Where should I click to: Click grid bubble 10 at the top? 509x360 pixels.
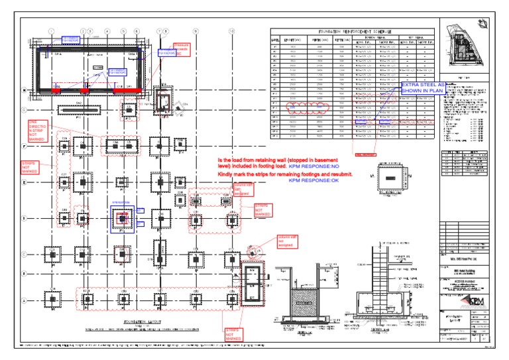coord(231,31)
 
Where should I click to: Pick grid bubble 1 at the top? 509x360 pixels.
coord(50,31)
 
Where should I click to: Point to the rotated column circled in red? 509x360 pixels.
coord(252,251)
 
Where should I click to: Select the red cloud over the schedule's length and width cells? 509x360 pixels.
coord(300,107)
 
